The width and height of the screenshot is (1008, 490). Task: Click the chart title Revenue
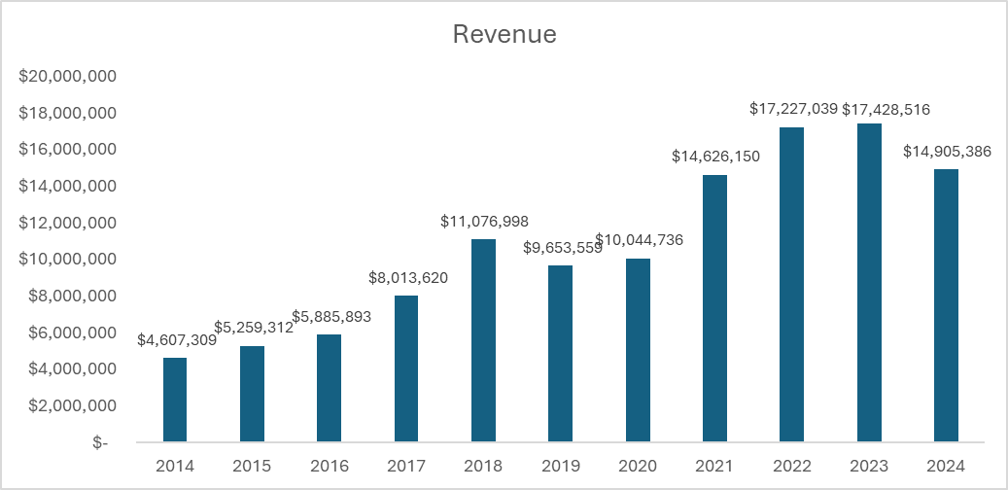[x=504, y=35]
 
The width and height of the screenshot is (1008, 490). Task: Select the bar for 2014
[x=175, y=400]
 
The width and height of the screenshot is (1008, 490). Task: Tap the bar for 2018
[x=483, y=340]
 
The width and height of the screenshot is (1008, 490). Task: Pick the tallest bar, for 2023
[x=869, y=282]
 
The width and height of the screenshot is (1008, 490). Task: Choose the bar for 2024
[x=946, y=305]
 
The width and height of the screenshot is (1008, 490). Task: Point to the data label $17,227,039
[x=793, y=110]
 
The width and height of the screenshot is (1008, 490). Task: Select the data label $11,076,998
[x=483, y=222]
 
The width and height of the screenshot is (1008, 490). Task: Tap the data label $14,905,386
[x=946, y=152]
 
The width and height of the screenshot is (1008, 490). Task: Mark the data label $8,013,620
[x=407, y=278]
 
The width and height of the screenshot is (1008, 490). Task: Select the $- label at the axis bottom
[x=100, y=442]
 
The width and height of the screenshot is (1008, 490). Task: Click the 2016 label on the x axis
[x=330, y=466]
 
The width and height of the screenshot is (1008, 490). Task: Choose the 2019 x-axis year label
[x=561, y=466]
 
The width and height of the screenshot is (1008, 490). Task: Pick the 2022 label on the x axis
[x=792, y=466]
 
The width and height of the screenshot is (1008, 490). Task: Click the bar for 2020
[x=638, y=350]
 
